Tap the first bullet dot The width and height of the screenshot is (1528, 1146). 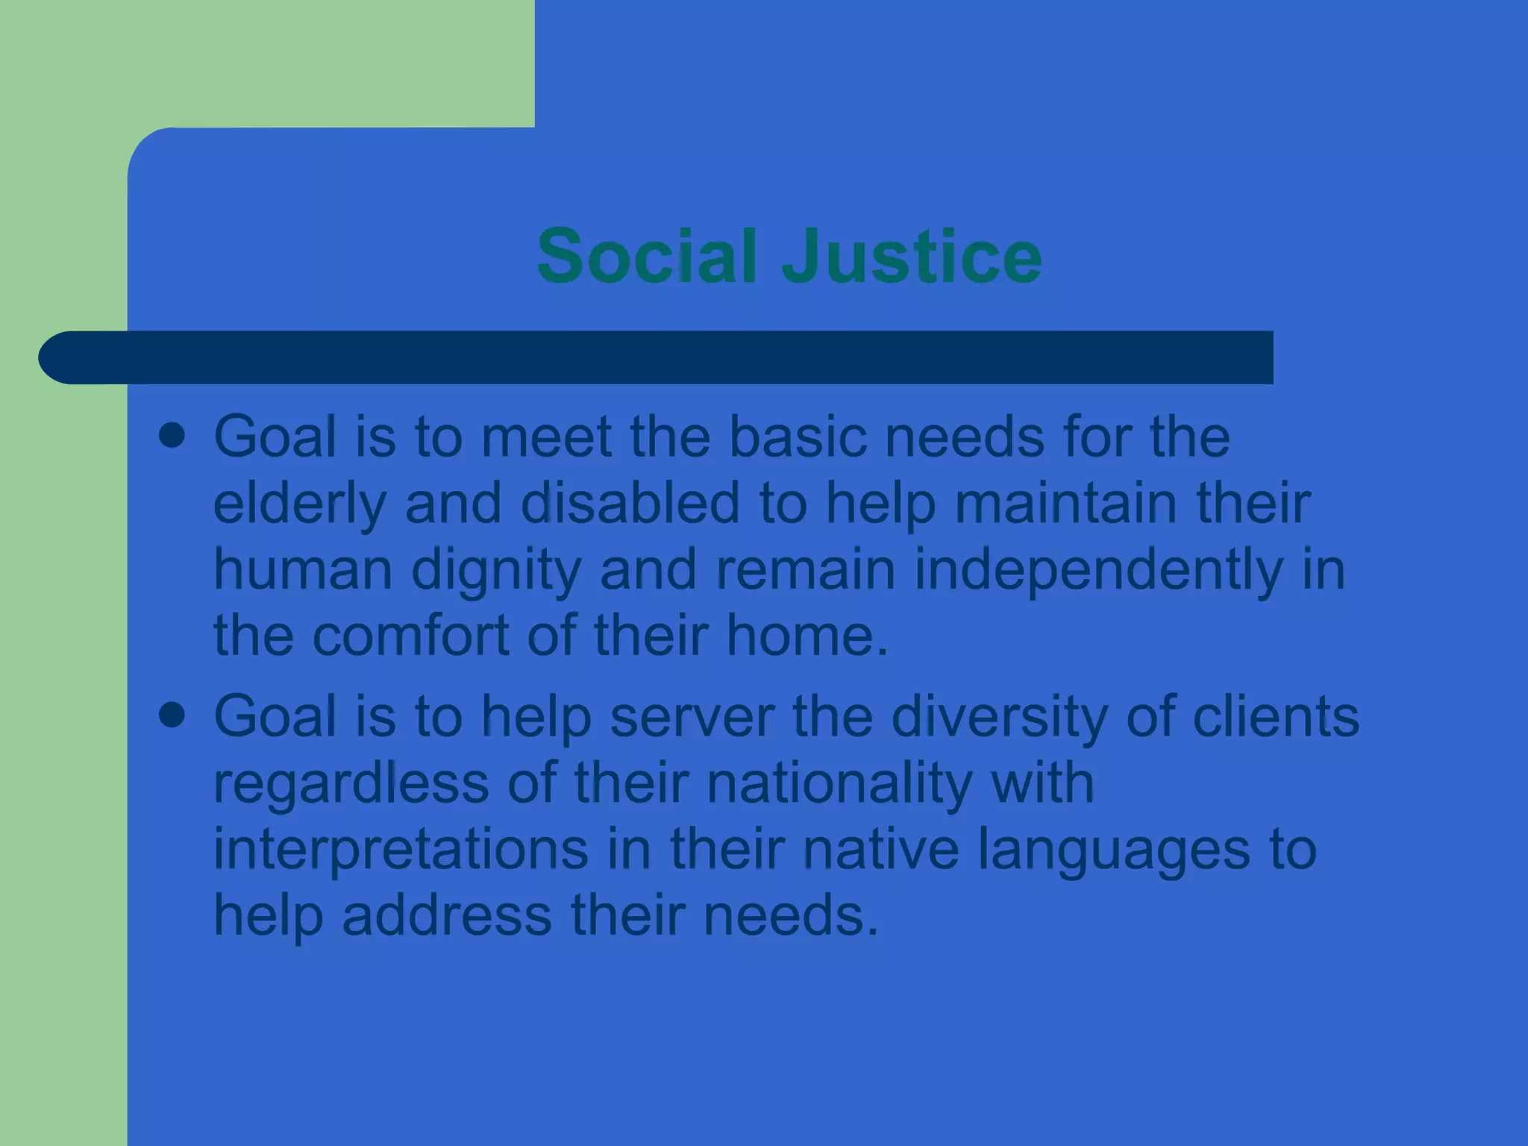[x=172, y=436]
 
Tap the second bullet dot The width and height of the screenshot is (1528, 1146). [x=172, y=716]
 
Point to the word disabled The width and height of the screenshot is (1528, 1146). [x=630, y=503]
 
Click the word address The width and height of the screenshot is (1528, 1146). [x=446, y=915]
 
